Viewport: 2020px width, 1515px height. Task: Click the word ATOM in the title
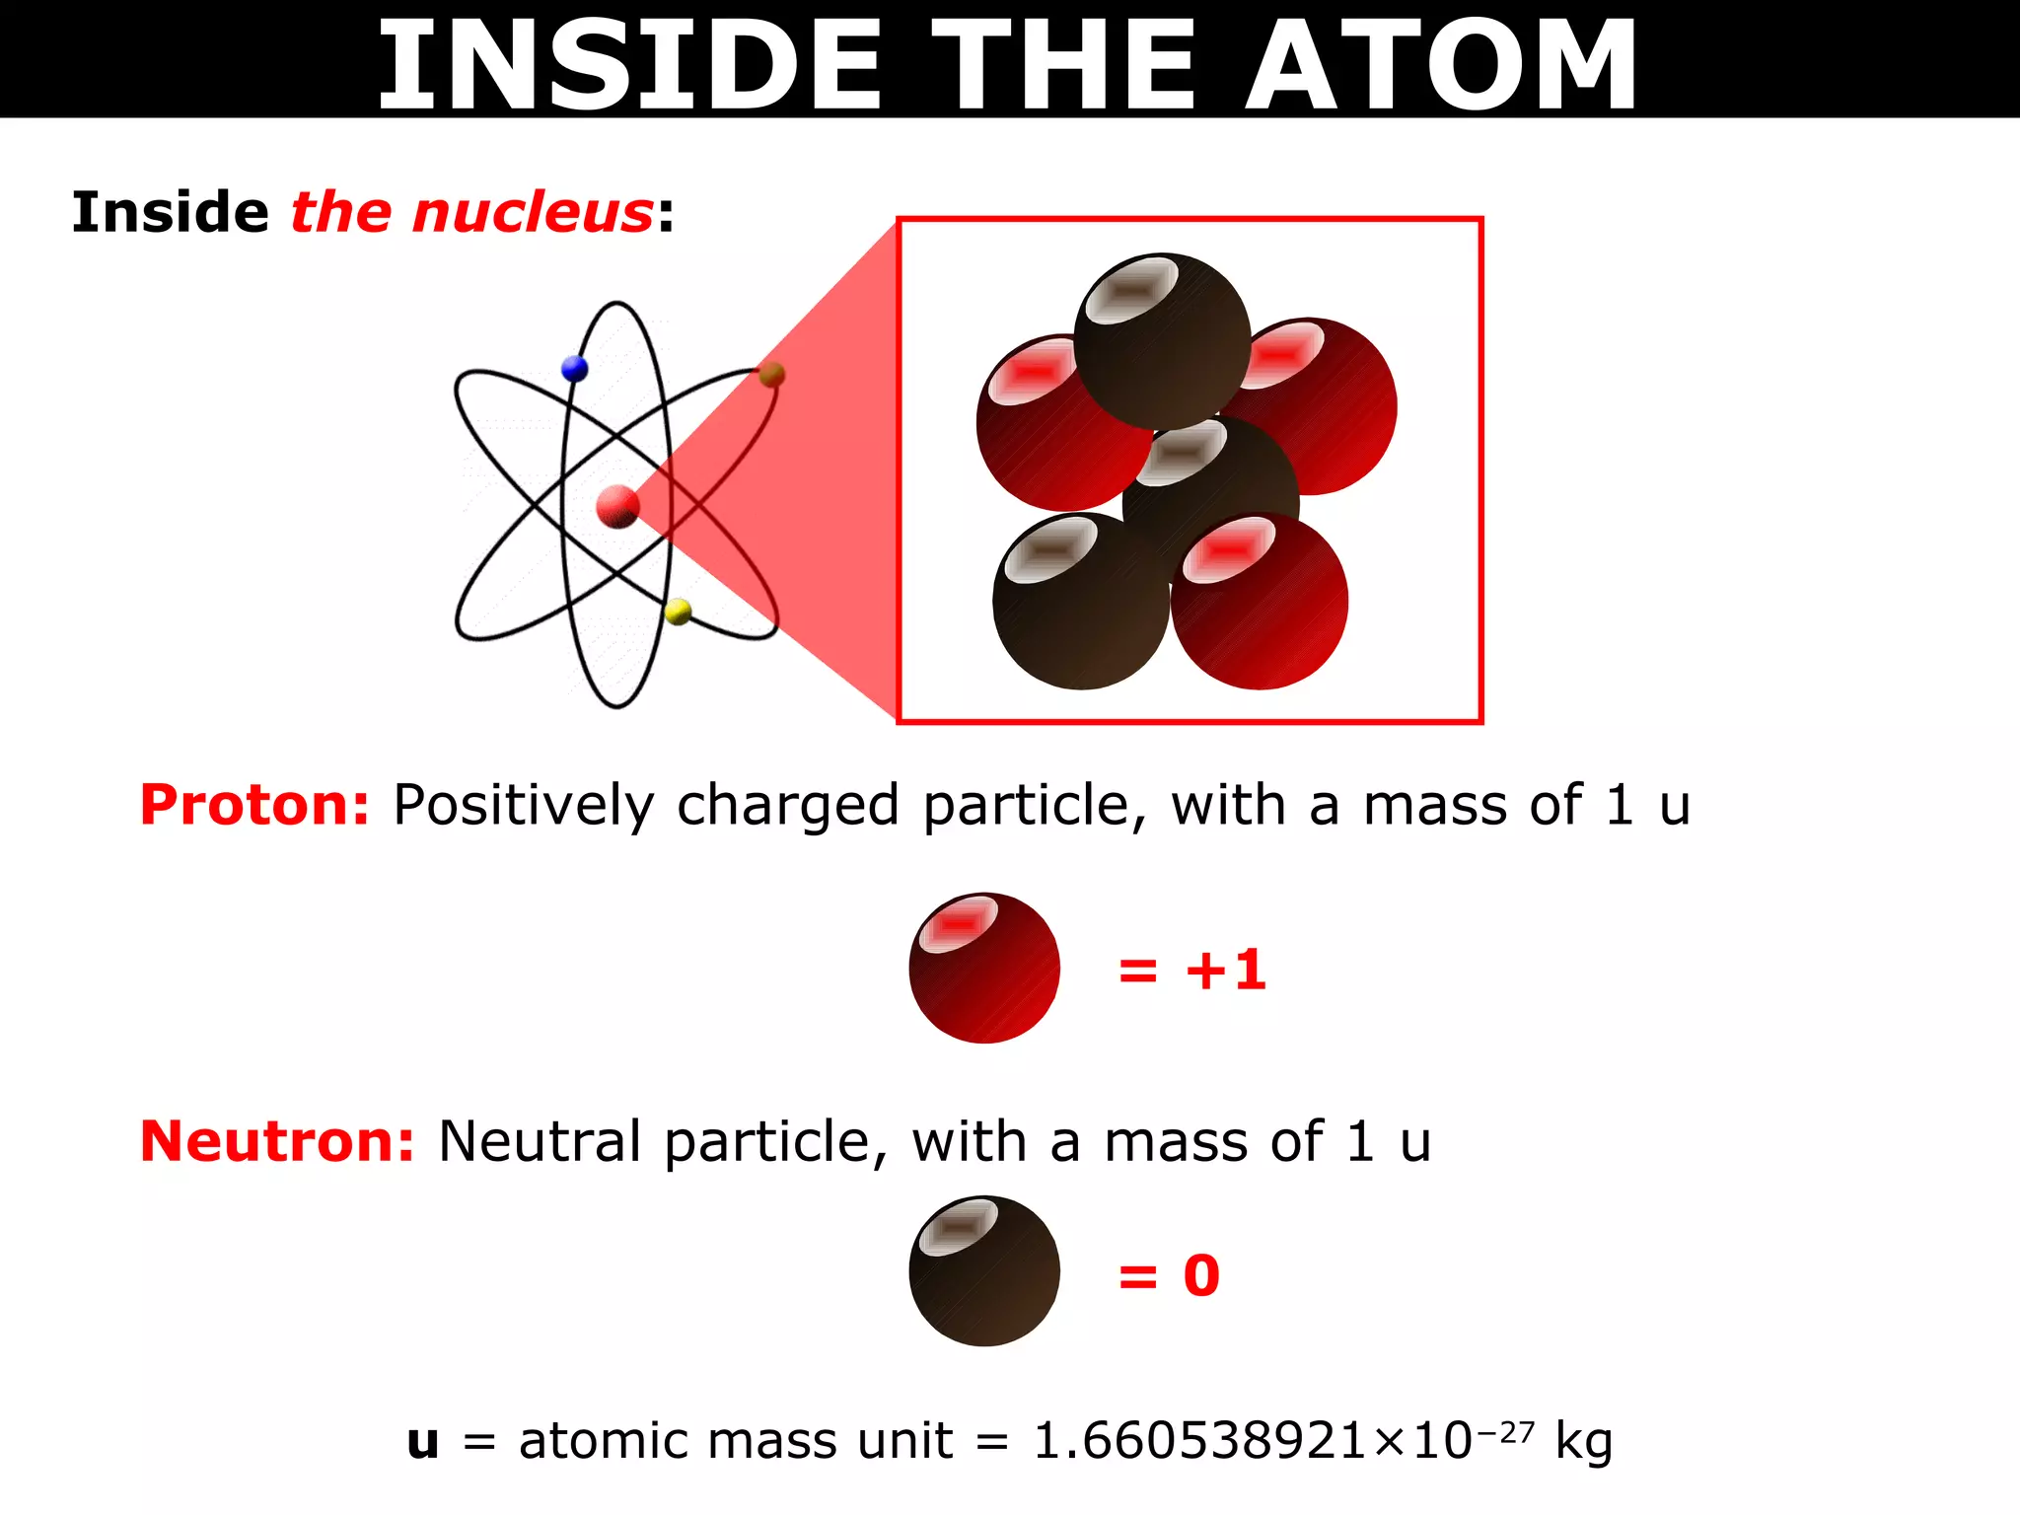click(1440, 65)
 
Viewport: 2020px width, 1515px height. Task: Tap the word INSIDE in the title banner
click(629, 65)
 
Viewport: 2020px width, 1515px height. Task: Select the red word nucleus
click(533, 213)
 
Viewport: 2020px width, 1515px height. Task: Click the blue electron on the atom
click(574, 369)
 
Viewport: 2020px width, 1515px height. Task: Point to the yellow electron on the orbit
click(679, 613)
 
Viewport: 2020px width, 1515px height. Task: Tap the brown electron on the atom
click(772, 375)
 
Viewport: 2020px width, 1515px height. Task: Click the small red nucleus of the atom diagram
click(618, 507)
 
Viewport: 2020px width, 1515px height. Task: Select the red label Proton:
click(254, 805)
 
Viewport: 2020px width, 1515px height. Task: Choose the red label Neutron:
click(277, 1141)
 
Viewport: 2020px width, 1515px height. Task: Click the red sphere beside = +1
click(984, 968)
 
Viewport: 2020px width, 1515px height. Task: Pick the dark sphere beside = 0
click(984, 1271)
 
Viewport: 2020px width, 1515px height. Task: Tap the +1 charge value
click(1226, 970)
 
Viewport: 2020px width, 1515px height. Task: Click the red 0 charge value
click(1201, 1275)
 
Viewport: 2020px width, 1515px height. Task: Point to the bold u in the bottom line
click(423, 1442)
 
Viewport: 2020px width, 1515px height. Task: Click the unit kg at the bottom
click(1583, 1443)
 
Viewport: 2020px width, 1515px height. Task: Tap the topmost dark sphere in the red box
click(1162, 341)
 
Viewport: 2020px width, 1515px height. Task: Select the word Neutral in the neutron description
click(540, 1142)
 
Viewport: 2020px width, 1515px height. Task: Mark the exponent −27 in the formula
click(1505, 1430)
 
